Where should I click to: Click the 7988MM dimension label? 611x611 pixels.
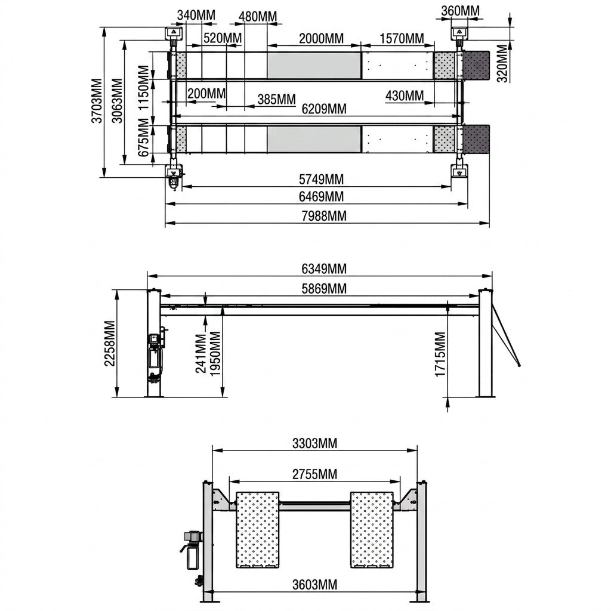(x=324, y=215)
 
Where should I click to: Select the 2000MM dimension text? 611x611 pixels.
(x=321, y=39)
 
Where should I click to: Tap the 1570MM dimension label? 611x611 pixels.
(x=402, y=39)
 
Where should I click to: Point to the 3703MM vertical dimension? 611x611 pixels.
(x=97, y=101)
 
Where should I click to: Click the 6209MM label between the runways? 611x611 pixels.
(x=324, y=109)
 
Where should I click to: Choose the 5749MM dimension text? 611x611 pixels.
(x=321, y=179)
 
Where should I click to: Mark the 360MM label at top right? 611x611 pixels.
(x=460, y=11)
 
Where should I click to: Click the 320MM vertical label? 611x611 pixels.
(x=503, y=63)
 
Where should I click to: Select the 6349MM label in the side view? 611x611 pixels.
(x=324, y=269)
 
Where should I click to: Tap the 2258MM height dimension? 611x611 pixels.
(x=110, y=343)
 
